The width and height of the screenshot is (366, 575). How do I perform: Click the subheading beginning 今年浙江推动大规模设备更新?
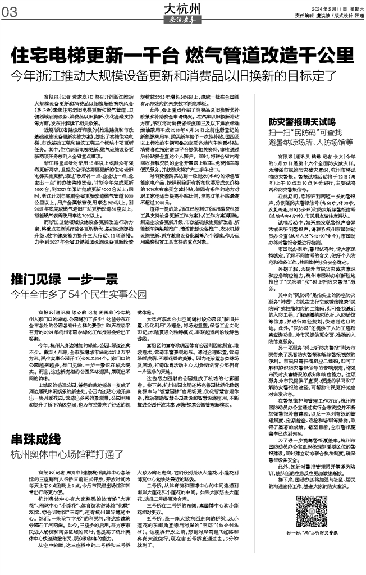click(x=183, y=75)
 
